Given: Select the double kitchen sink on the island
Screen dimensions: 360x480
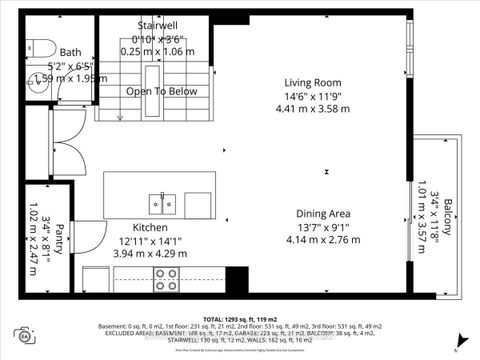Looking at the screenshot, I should coord(159,204).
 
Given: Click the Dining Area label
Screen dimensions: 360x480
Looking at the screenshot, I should coord(322,214).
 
